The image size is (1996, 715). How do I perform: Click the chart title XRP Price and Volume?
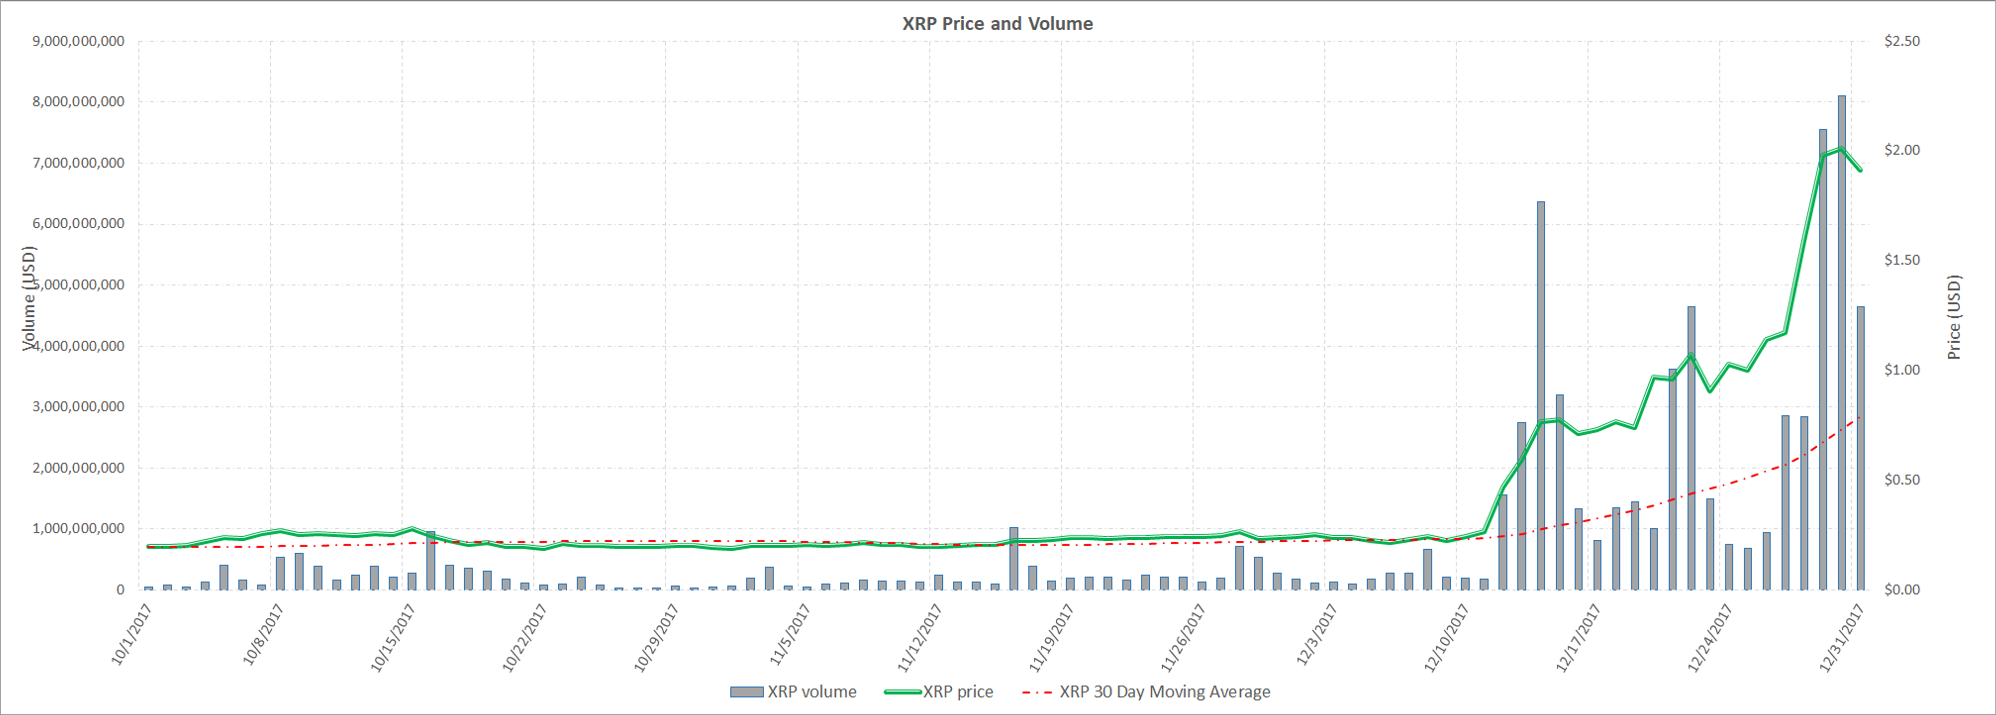997,23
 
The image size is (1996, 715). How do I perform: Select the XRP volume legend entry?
793,691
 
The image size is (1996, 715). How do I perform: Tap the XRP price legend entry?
939,691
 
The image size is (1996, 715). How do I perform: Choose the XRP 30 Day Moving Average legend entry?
1147,691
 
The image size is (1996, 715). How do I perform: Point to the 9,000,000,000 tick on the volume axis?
78,41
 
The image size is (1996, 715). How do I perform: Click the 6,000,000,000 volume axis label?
78,224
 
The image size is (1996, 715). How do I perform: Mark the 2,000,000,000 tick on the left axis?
78,467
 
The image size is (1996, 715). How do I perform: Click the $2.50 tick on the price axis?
1902,41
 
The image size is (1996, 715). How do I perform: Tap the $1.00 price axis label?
1902,370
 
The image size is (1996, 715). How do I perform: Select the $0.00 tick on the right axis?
1902,589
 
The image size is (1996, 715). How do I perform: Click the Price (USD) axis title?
1954,316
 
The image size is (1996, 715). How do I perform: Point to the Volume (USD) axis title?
29,298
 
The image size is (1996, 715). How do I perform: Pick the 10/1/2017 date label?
132,634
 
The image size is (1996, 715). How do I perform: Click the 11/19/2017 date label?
1050,638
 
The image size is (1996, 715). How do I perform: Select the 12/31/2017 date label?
1841,638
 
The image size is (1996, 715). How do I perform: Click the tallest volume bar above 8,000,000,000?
1842,343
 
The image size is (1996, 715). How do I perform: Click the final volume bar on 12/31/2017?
1860,448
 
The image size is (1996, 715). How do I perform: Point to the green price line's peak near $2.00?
1841,148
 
